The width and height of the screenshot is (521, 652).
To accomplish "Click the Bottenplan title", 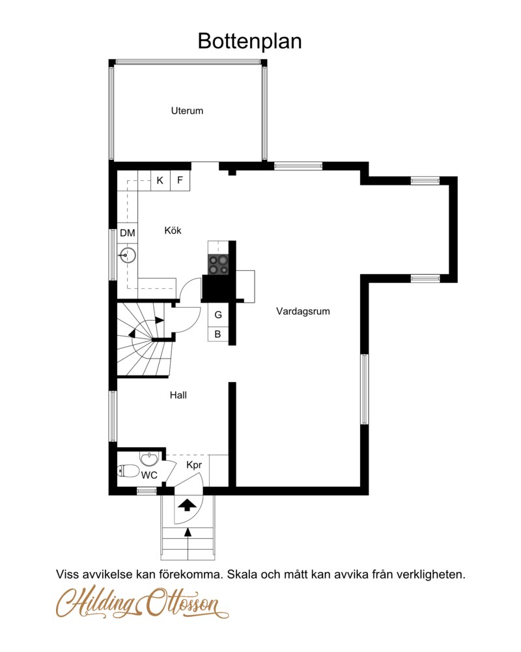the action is click(249, 41).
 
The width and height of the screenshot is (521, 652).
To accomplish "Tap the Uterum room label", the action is click(187, 111).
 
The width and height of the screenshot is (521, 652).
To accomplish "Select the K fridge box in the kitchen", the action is click(160, 180).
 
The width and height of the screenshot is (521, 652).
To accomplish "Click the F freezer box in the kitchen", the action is click(180, 180).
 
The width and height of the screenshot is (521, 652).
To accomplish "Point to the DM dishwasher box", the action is click(128, 233).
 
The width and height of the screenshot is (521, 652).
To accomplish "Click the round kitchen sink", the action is click(128, 255).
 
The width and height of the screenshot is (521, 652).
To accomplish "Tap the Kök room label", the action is click(173, 230).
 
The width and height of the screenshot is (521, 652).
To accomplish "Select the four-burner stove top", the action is click(218, 264).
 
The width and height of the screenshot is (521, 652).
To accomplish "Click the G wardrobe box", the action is click(218, 315).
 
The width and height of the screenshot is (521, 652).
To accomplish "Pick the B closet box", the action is click(218, 334).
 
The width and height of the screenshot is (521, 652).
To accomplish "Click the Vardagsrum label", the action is click(303, 312).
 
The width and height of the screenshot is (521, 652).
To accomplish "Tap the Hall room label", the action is click(178, 395).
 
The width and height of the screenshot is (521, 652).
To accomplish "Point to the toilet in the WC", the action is click(128, 471).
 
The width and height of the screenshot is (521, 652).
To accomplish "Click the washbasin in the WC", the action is click(149, 459).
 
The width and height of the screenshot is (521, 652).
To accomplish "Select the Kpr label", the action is click(194, 465).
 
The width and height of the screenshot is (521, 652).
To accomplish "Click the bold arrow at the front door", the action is click(188, 504).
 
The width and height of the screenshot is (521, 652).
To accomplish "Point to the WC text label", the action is click(149, 475).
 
